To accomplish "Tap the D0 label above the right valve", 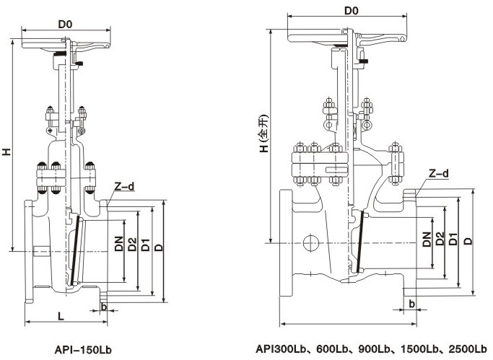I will tap(352, 11).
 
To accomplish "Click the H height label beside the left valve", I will tap(6, 152).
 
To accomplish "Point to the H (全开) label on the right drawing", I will tap(264, 135).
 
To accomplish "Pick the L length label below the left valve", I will tap(63, 315).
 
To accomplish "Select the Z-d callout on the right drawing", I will tap(437, 173).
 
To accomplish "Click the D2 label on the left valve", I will tap(132, 245).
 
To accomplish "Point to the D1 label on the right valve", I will tap(453, 240).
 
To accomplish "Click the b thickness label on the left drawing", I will tap(105, 307).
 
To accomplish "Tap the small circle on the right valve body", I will tap(311, 241).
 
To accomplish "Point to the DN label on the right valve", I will tap(427, 240).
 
